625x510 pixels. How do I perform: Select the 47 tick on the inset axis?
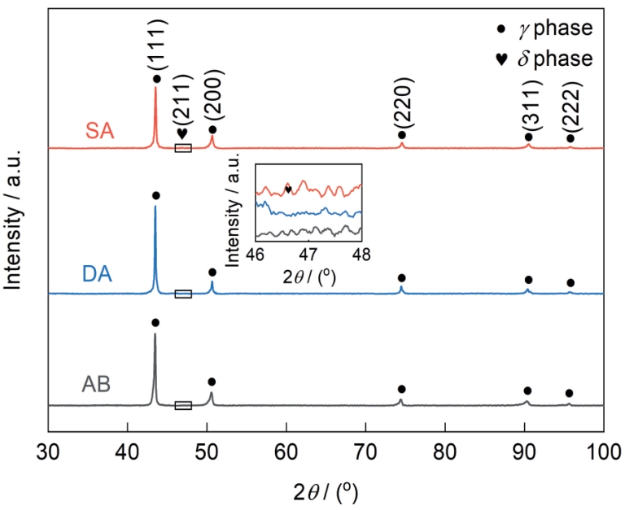click(308, 253)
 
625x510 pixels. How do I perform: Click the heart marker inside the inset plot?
click(289, 189)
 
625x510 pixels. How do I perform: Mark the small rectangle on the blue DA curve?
click(183, 294)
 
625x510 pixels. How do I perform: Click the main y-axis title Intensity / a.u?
click(13, 225)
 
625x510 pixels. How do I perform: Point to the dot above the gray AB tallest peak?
click(155, 323)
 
